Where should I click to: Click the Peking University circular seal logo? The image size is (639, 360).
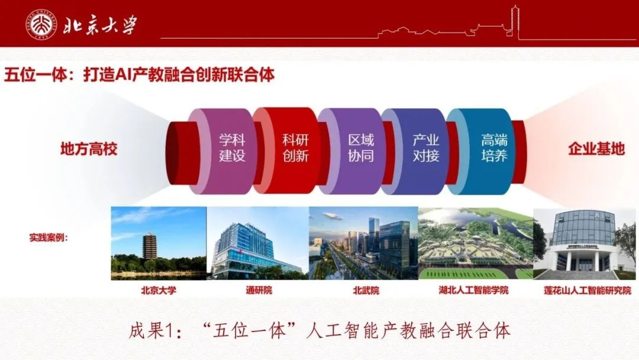41,24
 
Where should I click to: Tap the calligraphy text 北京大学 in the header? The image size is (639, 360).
100,25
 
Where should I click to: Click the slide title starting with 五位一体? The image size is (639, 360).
139,75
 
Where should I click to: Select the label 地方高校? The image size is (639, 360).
89,149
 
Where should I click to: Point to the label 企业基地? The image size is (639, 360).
596,149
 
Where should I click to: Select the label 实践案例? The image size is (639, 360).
49,237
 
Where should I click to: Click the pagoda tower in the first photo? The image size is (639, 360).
150,246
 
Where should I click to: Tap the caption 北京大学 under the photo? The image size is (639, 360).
159,290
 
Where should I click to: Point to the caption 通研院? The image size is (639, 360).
259,290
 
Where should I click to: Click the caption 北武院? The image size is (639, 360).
366,290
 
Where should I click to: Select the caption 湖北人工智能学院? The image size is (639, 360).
473,290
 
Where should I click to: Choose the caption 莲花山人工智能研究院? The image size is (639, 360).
588,290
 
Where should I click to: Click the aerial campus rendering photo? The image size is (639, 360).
476,243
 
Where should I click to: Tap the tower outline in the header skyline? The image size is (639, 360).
515,22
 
